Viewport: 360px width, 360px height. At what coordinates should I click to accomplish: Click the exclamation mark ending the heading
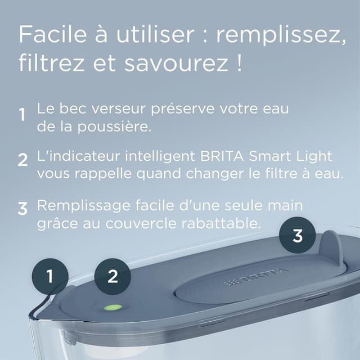(x=240, y=62)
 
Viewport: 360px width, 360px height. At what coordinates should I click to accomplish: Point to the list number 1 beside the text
(x=22, y=115)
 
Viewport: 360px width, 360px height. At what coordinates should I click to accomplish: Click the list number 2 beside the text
(x=22, y=160)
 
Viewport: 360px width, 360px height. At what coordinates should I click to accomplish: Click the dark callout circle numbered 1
(x=49, y=276)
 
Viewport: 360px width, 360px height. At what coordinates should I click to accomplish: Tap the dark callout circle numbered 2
(x=112, y=276)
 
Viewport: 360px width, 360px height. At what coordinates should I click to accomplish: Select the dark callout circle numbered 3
(x=298, y=235)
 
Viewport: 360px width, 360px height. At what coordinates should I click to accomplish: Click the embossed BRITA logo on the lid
(x=256, y=277)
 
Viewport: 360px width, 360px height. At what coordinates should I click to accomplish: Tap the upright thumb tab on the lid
(x=331, y=247)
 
